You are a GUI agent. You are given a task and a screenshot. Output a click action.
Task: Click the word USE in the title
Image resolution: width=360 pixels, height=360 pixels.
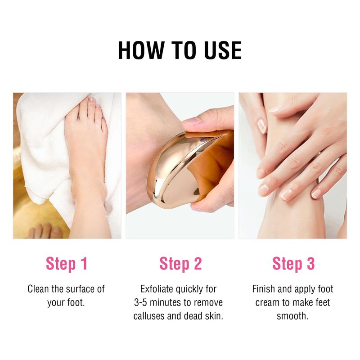223,50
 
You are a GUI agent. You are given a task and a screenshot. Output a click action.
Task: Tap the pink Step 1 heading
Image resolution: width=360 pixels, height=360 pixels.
67,264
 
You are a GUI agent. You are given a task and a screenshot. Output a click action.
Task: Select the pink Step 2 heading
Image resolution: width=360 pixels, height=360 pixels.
180,264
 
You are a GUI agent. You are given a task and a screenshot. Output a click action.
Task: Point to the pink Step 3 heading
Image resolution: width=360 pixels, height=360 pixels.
293,264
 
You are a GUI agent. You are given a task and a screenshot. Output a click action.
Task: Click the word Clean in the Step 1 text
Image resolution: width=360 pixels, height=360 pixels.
38,289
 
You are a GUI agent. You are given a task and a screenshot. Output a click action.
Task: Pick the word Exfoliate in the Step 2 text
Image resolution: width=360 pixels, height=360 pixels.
157,289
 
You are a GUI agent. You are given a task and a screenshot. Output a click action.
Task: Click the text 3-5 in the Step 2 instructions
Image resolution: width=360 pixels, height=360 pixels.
140,302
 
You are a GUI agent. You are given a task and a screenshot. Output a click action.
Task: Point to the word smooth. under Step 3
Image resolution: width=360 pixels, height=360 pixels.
292,316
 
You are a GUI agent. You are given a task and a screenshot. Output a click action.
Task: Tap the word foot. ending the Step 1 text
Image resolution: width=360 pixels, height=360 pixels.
76,302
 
